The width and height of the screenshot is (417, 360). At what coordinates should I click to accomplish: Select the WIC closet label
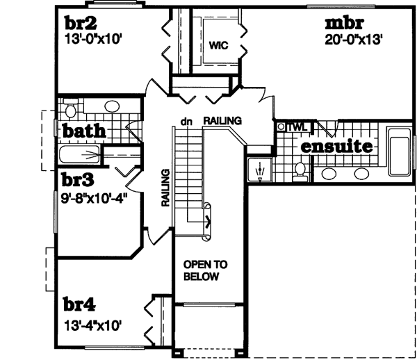(219, 46)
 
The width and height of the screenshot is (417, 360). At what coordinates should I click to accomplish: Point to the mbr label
(344, 23)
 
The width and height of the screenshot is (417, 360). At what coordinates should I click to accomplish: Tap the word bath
(84, 131)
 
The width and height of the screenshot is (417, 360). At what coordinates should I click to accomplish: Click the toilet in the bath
(69, 111)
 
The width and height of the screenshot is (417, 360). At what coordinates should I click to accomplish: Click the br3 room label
(77, 179)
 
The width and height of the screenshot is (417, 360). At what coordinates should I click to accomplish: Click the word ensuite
(336, 147)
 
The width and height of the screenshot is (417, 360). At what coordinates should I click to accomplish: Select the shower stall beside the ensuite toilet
(259, 170)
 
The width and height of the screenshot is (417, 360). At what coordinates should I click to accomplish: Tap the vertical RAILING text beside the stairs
(165, 188)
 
